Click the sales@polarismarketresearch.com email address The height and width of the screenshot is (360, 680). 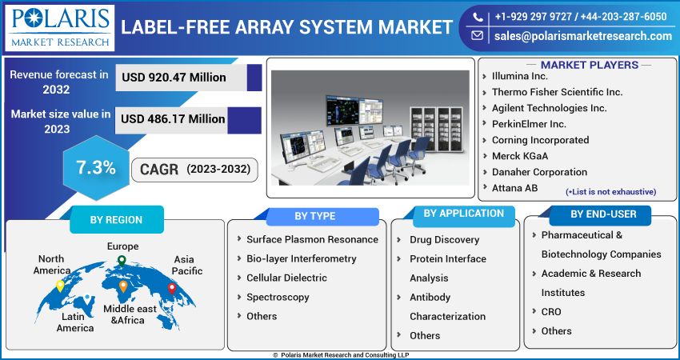tap(582, 36)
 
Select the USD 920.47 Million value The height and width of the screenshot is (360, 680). tap(173, 78)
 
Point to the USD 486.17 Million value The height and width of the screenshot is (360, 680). tap(173, 119)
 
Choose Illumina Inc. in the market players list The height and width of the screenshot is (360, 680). tap(520, 76)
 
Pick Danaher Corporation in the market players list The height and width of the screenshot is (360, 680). tap(540, 172)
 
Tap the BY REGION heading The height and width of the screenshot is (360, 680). tap(116, 219)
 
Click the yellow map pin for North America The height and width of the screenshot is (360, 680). tap(60, 286)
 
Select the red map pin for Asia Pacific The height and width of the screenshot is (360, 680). tap(171, 288)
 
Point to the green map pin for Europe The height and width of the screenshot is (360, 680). tap(122, 260)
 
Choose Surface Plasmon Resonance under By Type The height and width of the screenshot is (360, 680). tap(312, 239)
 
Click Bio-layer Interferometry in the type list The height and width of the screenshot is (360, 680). tap(301, 258)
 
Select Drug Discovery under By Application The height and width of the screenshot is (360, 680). tap(444, 239)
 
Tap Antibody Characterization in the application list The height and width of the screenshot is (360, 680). tap(447, 306)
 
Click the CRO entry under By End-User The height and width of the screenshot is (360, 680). tap(551, 311)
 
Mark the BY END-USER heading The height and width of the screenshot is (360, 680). tap(604, 214)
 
